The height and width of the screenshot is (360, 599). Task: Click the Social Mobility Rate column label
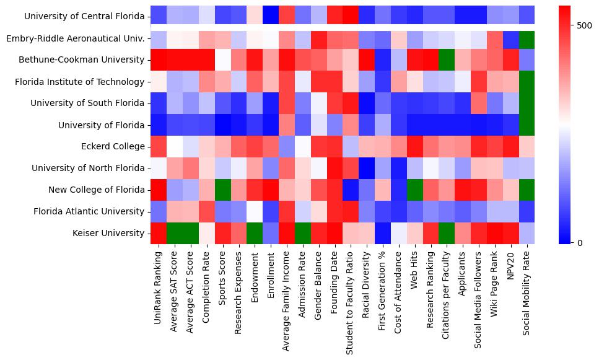point(527,288)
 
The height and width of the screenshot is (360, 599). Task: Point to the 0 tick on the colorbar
point(579,242)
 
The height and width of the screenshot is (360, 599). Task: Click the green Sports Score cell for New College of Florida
point(223,190)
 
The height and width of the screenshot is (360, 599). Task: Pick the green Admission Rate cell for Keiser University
point(303,234)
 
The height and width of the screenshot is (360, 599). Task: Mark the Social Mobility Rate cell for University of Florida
point(527,125)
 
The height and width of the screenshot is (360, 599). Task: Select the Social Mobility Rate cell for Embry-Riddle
point(527,38)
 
